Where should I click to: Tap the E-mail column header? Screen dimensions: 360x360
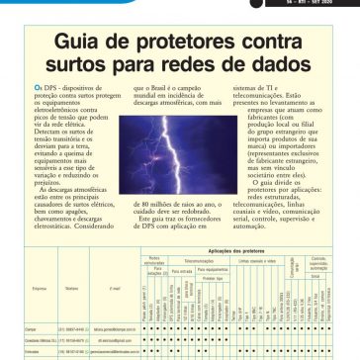click(x=116, y=291)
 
